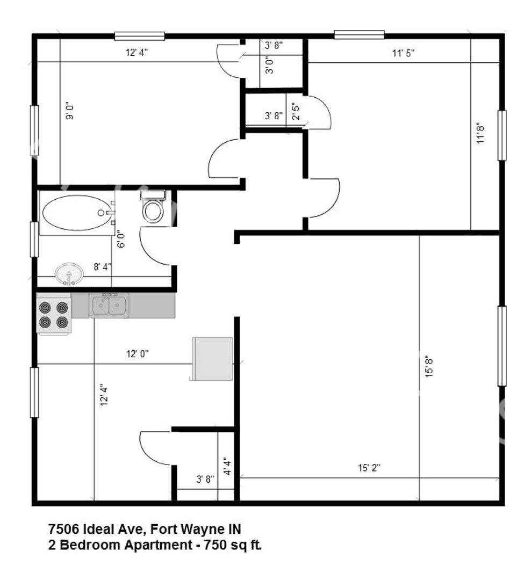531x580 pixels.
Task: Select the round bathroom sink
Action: [x=69, y=274]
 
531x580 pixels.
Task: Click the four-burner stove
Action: [x=54, y=314]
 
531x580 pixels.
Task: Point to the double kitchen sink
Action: [x=109, y=305]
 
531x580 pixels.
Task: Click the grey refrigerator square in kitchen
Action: [x=212, y=359]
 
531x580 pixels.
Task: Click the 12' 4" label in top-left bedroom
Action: [x=137, y=52]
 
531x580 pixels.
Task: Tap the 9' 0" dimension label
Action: [x=70, y=111]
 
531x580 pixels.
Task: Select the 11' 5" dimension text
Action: [x=403, y=53]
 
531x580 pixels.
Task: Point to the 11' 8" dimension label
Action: [x=480, y=133]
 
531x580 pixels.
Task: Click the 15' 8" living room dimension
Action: [x=429, y=367]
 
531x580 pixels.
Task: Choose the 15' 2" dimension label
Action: [x=369, y=468]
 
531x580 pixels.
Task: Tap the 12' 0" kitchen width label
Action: [x=138, y=353]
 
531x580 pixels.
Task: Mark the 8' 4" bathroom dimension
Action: [x=102, y=266]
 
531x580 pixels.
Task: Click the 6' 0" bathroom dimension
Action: [x=121, y=239]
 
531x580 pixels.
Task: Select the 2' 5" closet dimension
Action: [x=296, y=111]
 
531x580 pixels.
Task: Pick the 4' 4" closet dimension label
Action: [x=227, y=467]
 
